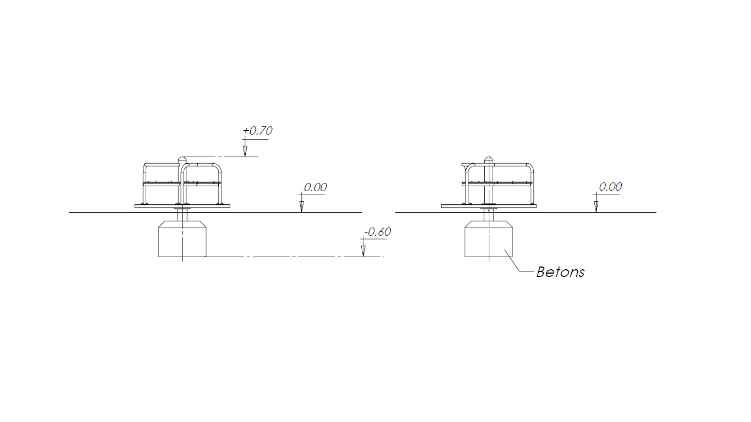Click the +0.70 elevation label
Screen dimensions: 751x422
point(257,131)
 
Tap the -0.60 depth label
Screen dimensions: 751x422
point(378,232)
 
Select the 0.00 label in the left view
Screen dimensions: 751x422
point(315,187)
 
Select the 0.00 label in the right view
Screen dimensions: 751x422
point(610,187)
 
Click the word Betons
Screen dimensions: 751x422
point(560,272)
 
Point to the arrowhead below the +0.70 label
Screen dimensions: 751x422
point(245,152)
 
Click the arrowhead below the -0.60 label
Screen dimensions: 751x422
point(363,251)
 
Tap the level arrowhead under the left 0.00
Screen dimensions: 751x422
point(301,207)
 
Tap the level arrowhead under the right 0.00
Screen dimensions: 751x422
point(596,207)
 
